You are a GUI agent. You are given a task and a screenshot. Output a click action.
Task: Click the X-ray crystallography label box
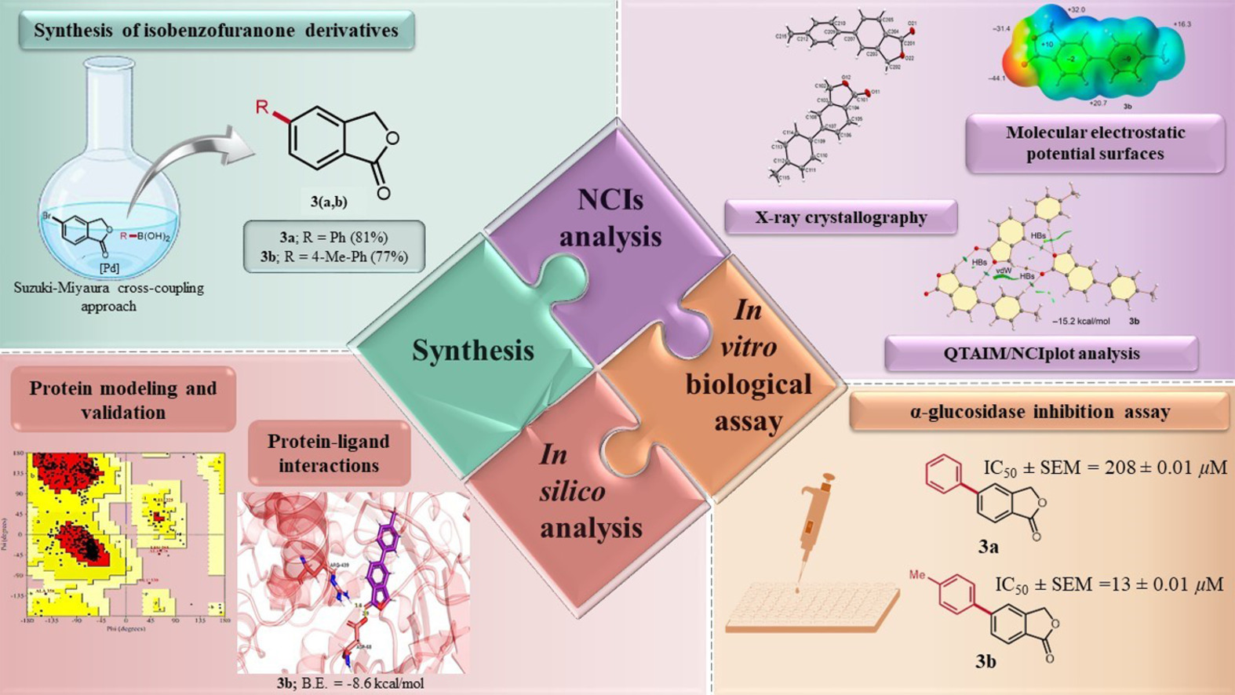click(x=840, y=217)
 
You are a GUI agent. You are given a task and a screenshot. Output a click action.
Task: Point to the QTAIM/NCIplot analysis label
click(x=1041, y=354)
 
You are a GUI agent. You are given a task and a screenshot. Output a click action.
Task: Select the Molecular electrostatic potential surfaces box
click(x=1095, y=143)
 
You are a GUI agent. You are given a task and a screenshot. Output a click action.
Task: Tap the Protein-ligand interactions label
click(x=329, y=453)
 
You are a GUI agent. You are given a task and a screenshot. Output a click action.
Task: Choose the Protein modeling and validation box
click(x=123, y=400)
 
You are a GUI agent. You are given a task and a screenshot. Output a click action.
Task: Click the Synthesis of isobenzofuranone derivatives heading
click(x=216, y=31)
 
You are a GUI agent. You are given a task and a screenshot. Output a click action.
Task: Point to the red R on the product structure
click(x=262, y=107)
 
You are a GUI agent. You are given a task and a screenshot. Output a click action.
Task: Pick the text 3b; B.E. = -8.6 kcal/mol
click(x=350, y=683)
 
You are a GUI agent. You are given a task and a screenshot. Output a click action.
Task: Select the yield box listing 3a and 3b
click(x=333, y=246)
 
